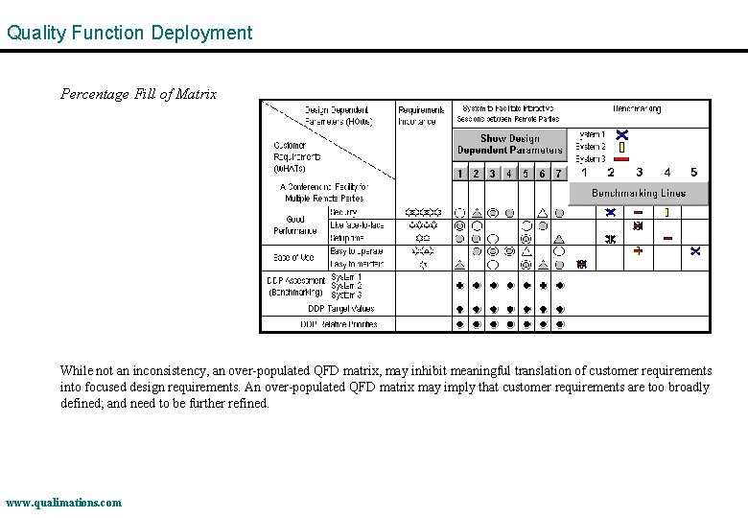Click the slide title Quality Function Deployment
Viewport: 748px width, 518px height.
point(129,33)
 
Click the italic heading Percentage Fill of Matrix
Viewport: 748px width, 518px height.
point(138,94)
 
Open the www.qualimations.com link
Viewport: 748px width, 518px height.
point(63,503)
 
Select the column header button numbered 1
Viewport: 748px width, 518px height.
point(460,174)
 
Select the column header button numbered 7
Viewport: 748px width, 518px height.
point(559,174)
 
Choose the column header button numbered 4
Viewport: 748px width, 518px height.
point(509,174)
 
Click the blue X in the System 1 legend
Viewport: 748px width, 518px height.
point(621,134)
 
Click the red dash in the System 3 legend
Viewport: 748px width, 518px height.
point(621,159)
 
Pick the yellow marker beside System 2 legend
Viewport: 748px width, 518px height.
point(621,147)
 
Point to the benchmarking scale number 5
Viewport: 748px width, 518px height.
point(694,173)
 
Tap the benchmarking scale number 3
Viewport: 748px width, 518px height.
point(639,173)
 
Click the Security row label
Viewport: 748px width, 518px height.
point(344,212)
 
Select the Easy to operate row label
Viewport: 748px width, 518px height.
point(357,251)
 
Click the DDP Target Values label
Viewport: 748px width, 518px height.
point(341,309)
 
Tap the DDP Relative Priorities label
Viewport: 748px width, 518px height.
point(339,324)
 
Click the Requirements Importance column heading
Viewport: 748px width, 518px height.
point(421,115)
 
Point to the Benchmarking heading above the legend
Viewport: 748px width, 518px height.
point(637,109)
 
